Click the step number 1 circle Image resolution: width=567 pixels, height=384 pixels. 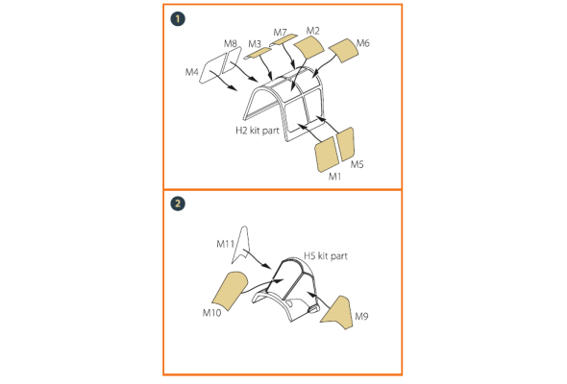coord(178,19)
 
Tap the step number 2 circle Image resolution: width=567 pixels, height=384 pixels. coord(178,204)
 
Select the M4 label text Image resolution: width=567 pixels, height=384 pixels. coord(191,72)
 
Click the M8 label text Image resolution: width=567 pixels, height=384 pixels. coord(231,44)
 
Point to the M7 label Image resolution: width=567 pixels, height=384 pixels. coord(280,33)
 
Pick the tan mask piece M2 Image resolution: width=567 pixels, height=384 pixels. coord(308,47)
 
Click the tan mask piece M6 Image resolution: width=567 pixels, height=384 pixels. coord(343,50)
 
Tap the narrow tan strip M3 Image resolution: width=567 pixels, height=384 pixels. coord(258,54)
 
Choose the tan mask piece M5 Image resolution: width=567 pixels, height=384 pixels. coord(345,144)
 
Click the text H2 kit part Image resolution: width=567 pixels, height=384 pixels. coord(258,131)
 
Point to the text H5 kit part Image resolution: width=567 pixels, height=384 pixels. coord(326,256)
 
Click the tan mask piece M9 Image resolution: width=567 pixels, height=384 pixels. coord(339,313)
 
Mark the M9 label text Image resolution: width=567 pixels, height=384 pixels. coord(361,317)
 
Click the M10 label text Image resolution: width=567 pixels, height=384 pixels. coord(211,312)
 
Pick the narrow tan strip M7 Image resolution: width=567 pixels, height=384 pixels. coord(283,39)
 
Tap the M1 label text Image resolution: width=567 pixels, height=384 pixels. coord(334,177)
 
